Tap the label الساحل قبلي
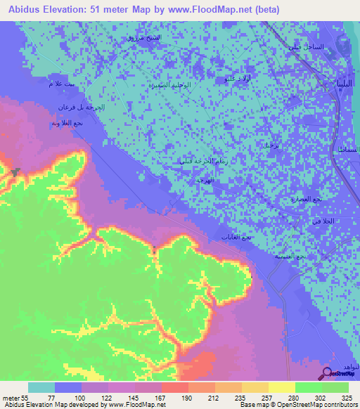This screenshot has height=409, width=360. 304,46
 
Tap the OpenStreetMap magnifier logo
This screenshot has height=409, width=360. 327,372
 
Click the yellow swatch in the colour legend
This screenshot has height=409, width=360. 282,388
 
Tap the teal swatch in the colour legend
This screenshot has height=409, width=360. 41,388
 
